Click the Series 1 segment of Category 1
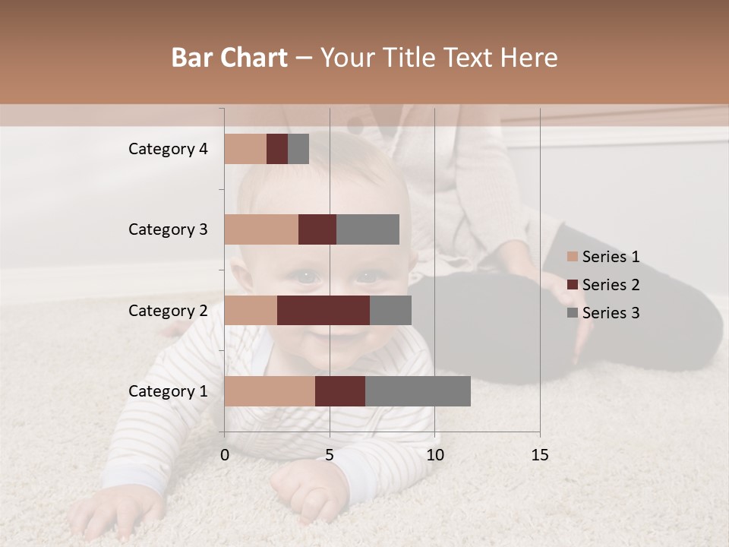(270, 391)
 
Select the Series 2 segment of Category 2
(323, 310)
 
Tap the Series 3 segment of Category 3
(368, 229)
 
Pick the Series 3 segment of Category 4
(298, 149)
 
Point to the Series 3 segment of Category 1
(418, 391)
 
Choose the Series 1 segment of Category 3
(261, 229)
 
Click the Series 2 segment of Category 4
(277, 149)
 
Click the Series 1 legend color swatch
(573, 257)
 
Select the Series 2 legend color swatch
(573, 285)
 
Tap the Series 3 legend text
(611, 313)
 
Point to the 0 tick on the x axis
(225, 455)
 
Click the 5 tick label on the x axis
(330, 455)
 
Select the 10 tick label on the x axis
(434, 455)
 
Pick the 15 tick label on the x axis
(539, 455)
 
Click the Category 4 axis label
(168, 149)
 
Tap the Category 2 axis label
(168, 310)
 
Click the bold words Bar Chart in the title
(229, 58)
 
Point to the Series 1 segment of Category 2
(251, 310)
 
